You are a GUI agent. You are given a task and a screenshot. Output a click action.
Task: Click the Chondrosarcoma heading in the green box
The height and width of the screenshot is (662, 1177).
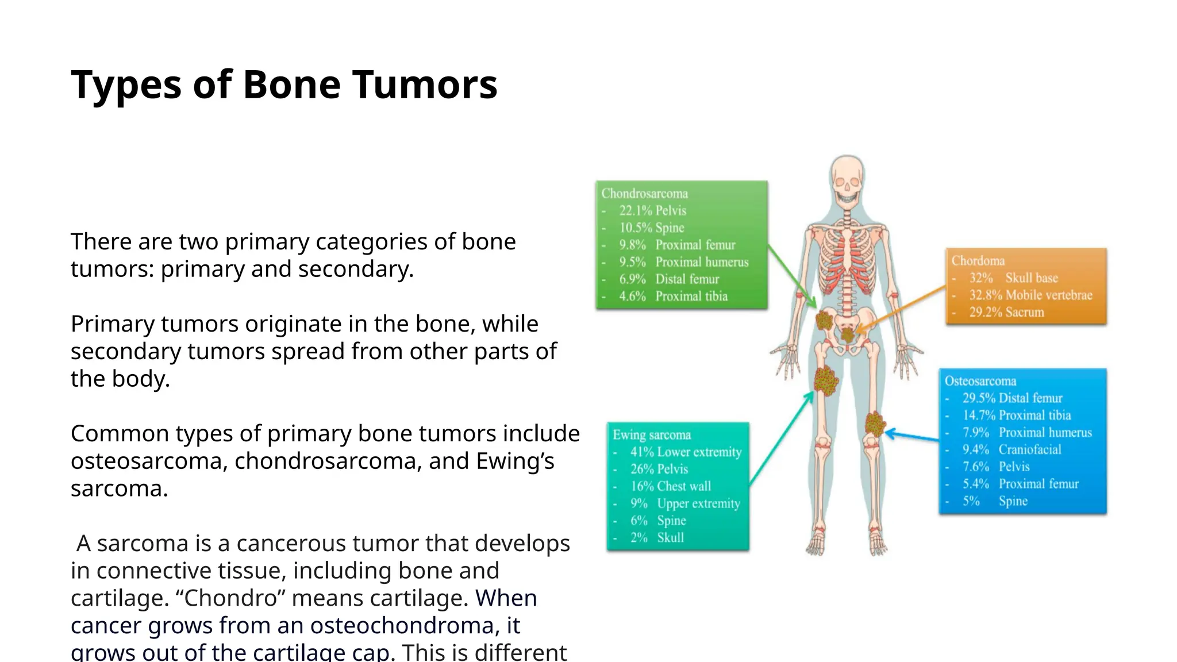(644, 194)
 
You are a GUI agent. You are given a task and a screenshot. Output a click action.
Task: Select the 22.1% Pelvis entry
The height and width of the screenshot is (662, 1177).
(652, 210)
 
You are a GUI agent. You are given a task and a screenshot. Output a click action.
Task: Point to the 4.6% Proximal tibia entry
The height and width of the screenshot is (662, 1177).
(673, 297)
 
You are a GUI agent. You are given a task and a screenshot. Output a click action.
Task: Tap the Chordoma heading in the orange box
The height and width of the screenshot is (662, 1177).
(978, 261)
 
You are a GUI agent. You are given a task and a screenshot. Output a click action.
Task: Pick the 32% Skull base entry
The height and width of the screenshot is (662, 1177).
(1013, 278)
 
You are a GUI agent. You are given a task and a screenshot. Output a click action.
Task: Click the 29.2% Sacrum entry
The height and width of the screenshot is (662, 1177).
(1006, 313)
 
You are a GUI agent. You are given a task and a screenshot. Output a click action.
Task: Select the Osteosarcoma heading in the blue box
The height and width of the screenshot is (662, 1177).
(980, 381)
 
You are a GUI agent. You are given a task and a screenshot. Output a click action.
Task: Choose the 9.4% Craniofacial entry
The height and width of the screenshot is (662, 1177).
(1011, 450)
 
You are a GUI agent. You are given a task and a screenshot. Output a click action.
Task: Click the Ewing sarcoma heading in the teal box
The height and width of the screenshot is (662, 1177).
(651, 435)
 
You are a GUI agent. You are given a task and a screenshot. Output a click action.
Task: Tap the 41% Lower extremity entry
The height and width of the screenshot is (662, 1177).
(685, 452)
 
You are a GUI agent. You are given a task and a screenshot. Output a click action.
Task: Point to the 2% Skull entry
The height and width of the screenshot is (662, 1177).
(656, 538)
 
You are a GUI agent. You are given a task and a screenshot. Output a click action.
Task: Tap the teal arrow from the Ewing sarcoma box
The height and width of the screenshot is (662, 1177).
(782, 440)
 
